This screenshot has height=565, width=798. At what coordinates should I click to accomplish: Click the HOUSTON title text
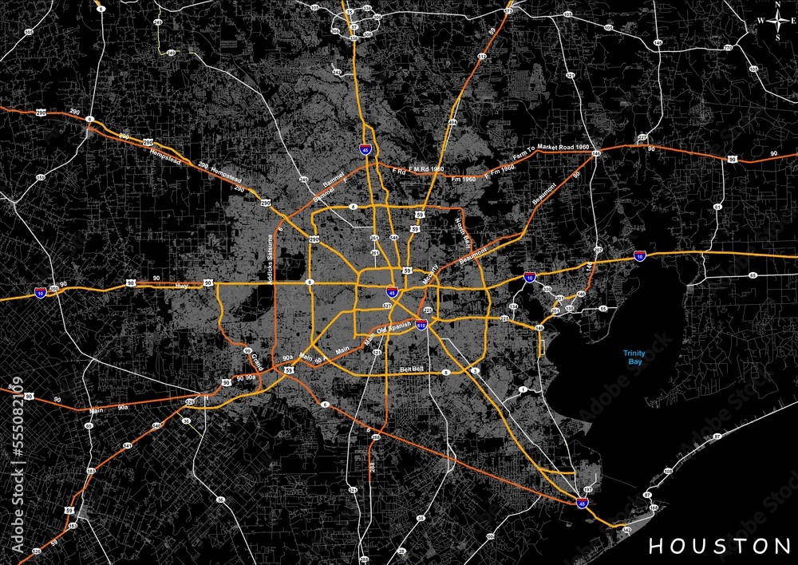point(719,546)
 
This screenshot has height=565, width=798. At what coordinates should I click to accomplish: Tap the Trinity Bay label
point(634,357)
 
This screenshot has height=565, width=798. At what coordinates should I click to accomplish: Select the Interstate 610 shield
point(421,325)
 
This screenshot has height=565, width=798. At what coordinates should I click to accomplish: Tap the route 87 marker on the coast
point(717,437)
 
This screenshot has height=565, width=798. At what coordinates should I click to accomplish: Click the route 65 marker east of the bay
point(753,275)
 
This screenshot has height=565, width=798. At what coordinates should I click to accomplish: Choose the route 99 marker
point(247,350)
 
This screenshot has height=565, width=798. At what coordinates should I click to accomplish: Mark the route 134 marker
point(514,306)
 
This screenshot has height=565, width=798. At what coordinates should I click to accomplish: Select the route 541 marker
point(128,446)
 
